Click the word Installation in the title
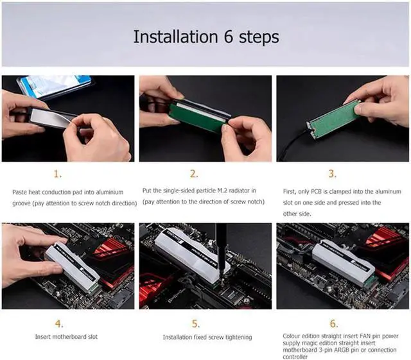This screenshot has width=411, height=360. [x=175, y=37]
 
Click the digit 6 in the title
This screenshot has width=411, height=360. [x=229, y=37]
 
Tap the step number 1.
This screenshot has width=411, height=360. [x=58, y=174]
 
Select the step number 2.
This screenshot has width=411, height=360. [x=194, y=174]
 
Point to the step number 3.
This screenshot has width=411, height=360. [x=333, y=174]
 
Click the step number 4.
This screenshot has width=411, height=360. [x=59, y=323]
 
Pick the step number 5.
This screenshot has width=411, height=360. [x=195, y=324]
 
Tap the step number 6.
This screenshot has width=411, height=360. [x=334, y=323]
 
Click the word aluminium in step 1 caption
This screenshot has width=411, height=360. [x=110, y=192]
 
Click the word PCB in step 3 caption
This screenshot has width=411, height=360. [x=316, y=191]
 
